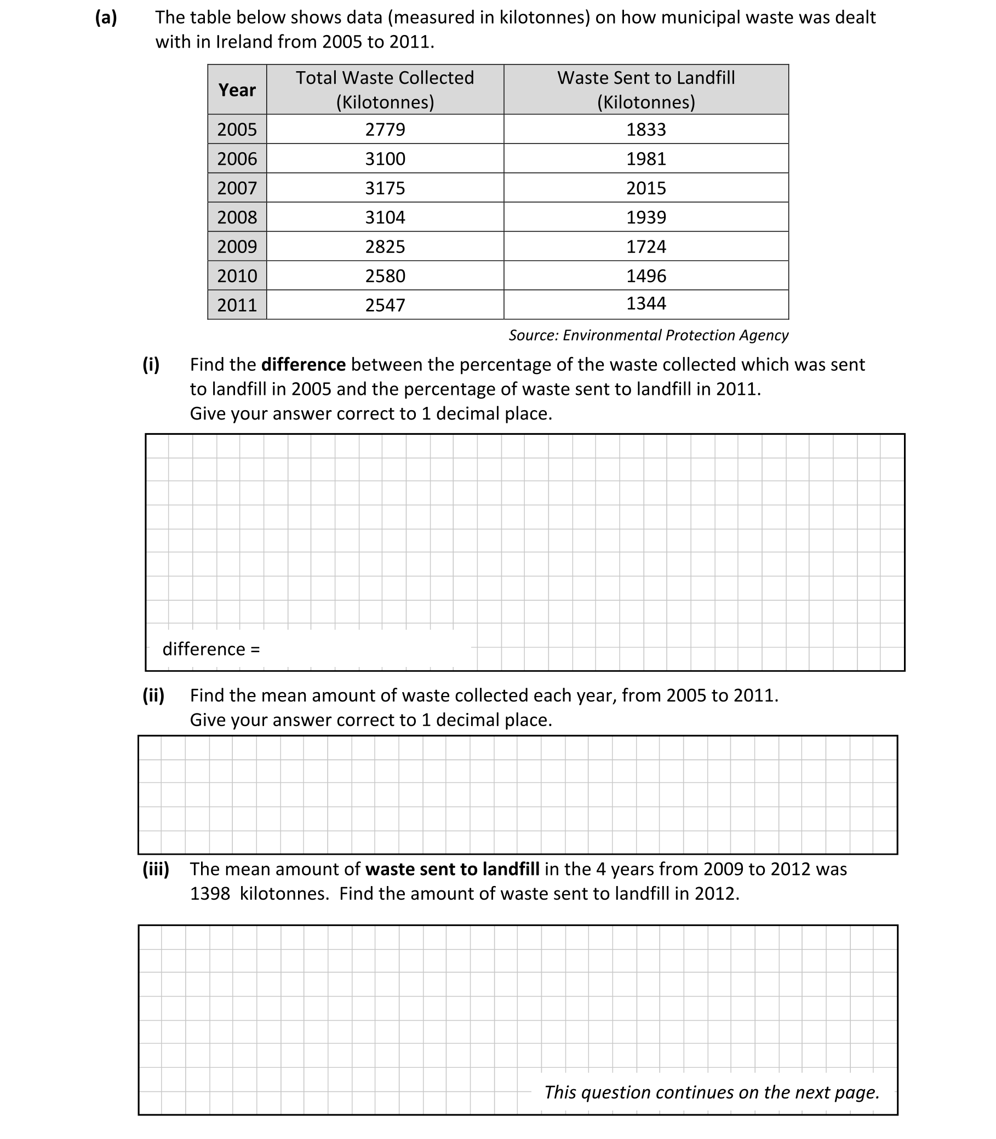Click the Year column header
237,89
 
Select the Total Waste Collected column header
385,89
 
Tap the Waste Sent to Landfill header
646,89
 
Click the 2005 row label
237,129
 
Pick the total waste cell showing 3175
385,188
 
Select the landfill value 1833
646,129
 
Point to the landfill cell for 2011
646,303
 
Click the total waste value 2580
385,275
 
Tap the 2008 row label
237,217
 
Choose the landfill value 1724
646,246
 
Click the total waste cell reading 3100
385,159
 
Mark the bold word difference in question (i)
304,365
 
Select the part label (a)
106,17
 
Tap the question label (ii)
153,695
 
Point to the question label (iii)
156,868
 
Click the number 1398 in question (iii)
209,894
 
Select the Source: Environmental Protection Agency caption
648,335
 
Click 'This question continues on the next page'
712,1092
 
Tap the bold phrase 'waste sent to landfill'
452,868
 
